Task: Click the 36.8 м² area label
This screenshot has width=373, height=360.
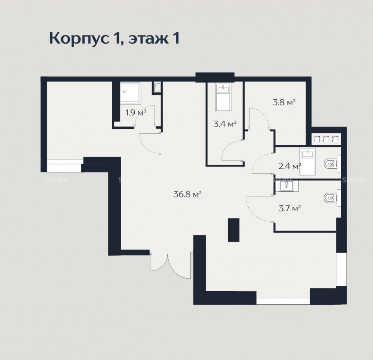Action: tap(188, 194)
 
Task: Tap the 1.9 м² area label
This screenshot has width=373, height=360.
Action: tap(136, 112)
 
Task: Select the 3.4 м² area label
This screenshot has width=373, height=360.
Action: tap(225, 124)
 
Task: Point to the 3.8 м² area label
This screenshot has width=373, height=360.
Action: tap(284, 102)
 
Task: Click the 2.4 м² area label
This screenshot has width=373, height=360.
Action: tap(290, 166)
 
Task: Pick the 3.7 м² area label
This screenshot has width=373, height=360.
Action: tap(290, 208)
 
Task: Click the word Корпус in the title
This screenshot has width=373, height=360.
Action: tap(78, 38)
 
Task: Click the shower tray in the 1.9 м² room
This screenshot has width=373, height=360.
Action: tap(130, 93)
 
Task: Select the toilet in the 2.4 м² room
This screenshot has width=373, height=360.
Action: tap(332, 164)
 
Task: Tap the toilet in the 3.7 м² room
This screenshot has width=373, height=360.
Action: tap(332, 198)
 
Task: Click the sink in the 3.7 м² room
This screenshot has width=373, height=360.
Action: tap(287, 186)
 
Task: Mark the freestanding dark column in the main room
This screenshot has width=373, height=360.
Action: tap(233, 230)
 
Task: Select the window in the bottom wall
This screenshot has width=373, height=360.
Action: tap(283, 301)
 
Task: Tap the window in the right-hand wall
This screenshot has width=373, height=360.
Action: tap(341, 269)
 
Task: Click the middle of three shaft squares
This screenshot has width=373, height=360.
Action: tap(326, 139)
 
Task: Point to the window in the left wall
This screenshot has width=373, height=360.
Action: tap(64, 165)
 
